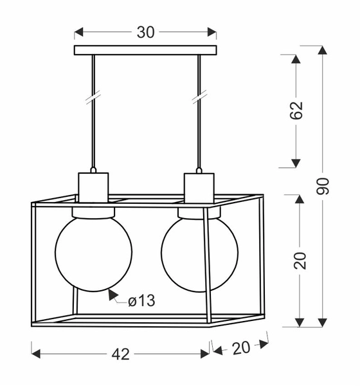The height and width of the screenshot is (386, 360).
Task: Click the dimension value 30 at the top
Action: [x=146, y=32]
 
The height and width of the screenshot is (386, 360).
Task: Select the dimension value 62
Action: [x=296, y=111]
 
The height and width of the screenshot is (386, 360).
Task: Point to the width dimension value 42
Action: [x=121, y=354]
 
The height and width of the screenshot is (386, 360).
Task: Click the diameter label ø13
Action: [x=141, y=300]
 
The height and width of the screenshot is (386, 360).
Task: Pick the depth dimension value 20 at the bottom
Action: [x=240, y=348]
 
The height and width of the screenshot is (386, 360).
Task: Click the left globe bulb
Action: [x=94, y=252]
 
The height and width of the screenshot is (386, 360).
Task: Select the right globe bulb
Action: [x=199, y=252]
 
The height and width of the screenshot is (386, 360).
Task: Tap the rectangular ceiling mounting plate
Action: [x=145, y=50]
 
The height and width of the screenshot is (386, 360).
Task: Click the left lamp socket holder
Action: [x=94, y=187]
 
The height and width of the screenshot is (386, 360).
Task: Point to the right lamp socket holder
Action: [x=199, y=187]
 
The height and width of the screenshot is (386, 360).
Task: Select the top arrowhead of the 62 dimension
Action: [x=296, y=60]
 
